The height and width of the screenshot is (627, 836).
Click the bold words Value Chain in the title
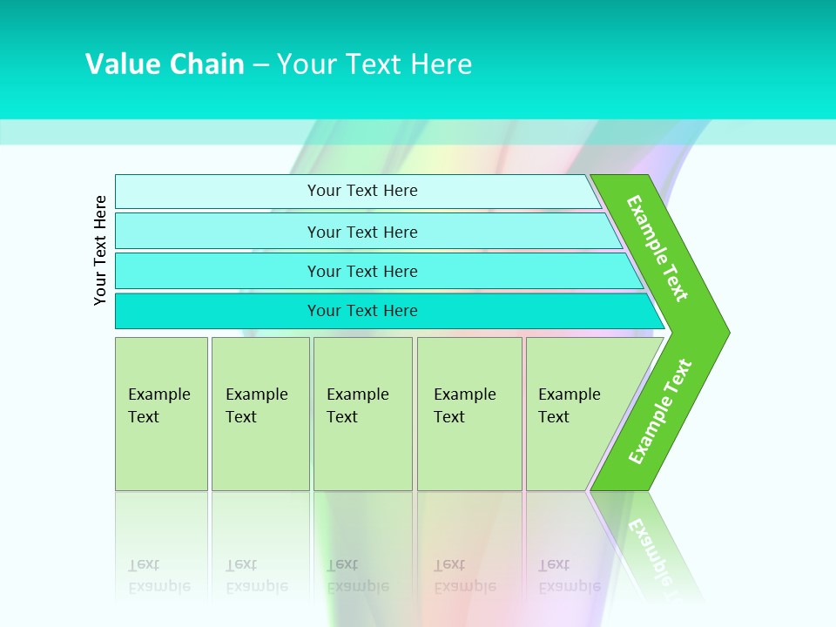[x=165, y=64]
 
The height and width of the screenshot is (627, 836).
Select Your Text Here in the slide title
[x=374, y=64]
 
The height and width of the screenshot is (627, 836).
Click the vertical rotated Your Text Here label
[x=100, y=250]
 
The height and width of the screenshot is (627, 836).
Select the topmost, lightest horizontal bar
[x=362, y=191]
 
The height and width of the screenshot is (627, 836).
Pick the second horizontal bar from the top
[x=362, y=232]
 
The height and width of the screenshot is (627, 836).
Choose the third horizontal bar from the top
[x=362, y=271]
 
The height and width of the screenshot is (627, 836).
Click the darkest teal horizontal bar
[x=362, y=311]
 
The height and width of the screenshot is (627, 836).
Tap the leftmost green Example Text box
[x=161, y=414]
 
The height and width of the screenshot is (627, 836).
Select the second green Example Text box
[x=260, y=414]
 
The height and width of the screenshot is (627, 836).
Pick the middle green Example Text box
[x=362, y=414]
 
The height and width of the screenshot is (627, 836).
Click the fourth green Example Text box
[x=469, y=414]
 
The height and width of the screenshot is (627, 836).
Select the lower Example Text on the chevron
[x=660, y=411]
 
